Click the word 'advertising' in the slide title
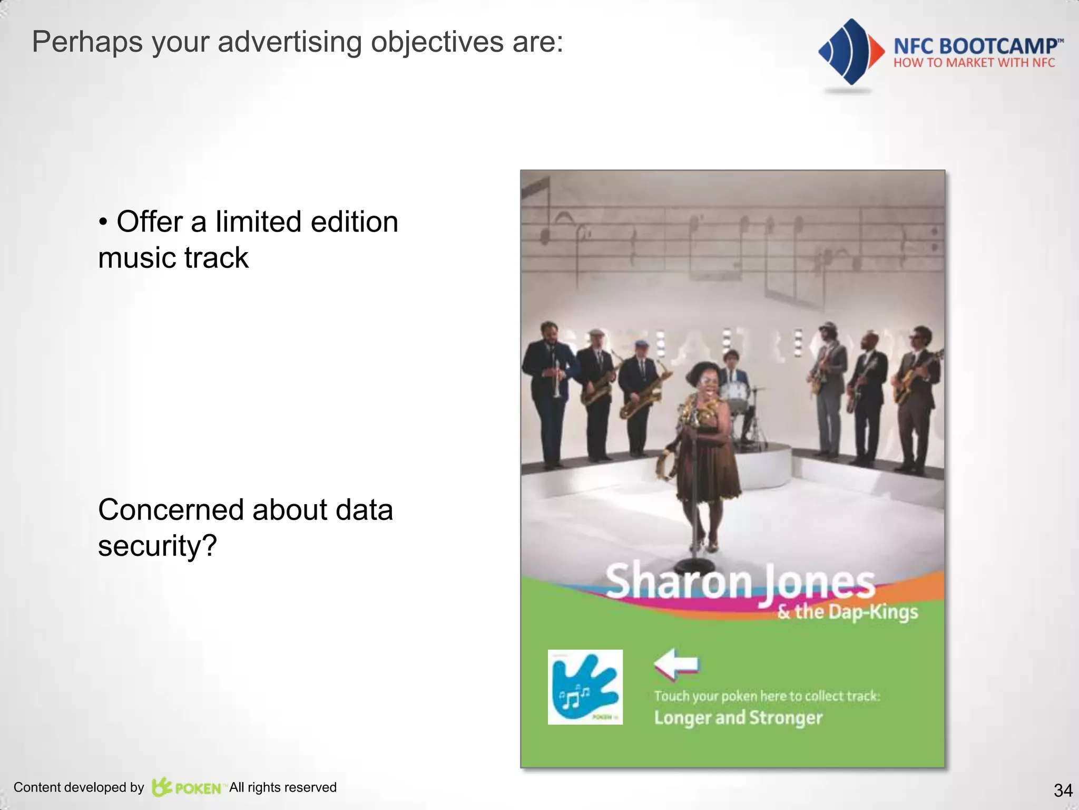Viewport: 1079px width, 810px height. point(289,42)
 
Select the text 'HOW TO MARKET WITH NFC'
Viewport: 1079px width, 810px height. point(974,63)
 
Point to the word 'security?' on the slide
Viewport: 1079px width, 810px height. point(158,546)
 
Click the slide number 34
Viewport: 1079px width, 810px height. point(1063,790)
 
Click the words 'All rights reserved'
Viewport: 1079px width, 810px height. point(283,787)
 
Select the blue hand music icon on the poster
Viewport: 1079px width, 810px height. point(585,687)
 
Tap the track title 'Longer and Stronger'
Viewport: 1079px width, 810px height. point(738,718)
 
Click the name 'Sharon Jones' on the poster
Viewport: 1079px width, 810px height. point(740,583)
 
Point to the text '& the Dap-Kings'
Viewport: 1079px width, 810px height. point(848,612)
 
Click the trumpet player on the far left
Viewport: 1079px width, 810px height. point(548,390)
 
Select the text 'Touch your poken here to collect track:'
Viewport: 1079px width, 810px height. point(767,696)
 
